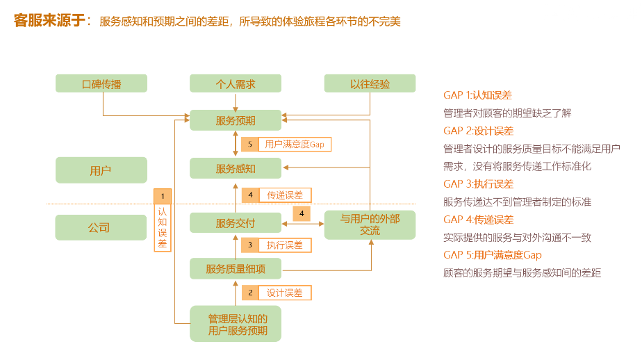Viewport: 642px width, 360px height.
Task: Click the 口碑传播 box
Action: pyautogui.click(x=101, y=84)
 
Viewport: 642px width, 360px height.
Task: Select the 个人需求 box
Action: pyautogui.click(x=236, y=84)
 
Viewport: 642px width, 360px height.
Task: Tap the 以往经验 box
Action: pyautogui.click(x=370, y=84)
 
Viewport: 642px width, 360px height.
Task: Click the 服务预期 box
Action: pyautogui.click(x=236, y=120)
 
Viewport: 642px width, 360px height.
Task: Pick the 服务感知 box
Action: pyautogui.click(x=236, y=168)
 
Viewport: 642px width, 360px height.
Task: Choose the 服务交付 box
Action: pyautogui.click(x=236, y=223)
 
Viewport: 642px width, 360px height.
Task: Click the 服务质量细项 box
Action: pyautogui.click(x=236, y=268)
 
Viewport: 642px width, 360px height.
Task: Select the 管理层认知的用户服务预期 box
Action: pyautogui.click(x=236, y=324)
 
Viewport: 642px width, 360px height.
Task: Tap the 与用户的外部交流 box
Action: pyautogui.click(x=370, y=224)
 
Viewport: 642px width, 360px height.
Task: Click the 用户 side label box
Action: pyautogui.click(x=101, y=170)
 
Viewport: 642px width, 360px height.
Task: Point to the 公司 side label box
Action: pyautogui.click(x=101, y=227)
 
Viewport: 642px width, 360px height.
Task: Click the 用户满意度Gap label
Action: pyautogui.click(x=295, y=145)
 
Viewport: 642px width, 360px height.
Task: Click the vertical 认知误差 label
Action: pyautogui.click(x=162, y=227)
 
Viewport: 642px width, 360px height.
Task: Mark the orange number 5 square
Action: pyautogui.click(x=250, y=145)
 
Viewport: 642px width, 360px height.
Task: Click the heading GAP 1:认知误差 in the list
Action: pyautogui.click(x=477, y=95)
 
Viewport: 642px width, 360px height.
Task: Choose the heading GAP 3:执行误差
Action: pyautogui.click(x=478, y=184)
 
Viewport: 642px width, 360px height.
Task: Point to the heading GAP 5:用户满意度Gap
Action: pyautogui.click(x=492, y=255)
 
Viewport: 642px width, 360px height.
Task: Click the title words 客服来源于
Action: pyautogui.click(x=48, y=21)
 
